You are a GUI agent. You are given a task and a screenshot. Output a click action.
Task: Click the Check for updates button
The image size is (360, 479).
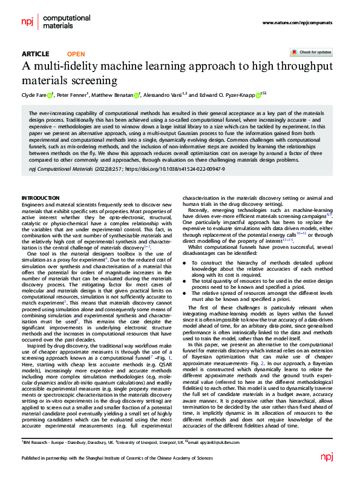point(311,53)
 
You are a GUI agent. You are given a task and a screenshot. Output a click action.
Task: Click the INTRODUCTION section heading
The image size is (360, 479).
point(41,199)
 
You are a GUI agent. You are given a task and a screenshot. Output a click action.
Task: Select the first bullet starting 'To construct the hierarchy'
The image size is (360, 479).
point(261,268)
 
